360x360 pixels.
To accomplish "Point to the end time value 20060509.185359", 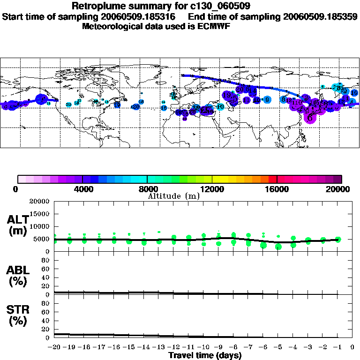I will [x=320, y=16].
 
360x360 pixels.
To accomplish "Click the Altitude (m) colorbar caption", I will [x=173, y=196].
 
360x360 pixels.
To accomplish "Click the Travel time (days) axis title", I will [x=205, y=355].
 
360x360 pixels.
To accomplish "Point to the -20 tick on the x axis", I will [x=55, y=347].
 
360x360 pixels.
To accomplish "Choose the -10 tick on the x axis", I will [x=203, y=347].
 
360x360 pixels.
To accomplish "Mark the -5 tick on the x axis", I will [x=278, y=347].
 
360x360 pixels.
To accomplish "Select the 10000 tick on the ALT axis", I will [x=39, y=226].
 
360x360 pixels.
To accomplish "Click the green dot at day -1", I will [x=338, y=239].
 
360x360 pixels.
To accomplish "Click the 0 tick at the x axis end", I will [x=352, y=347].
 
